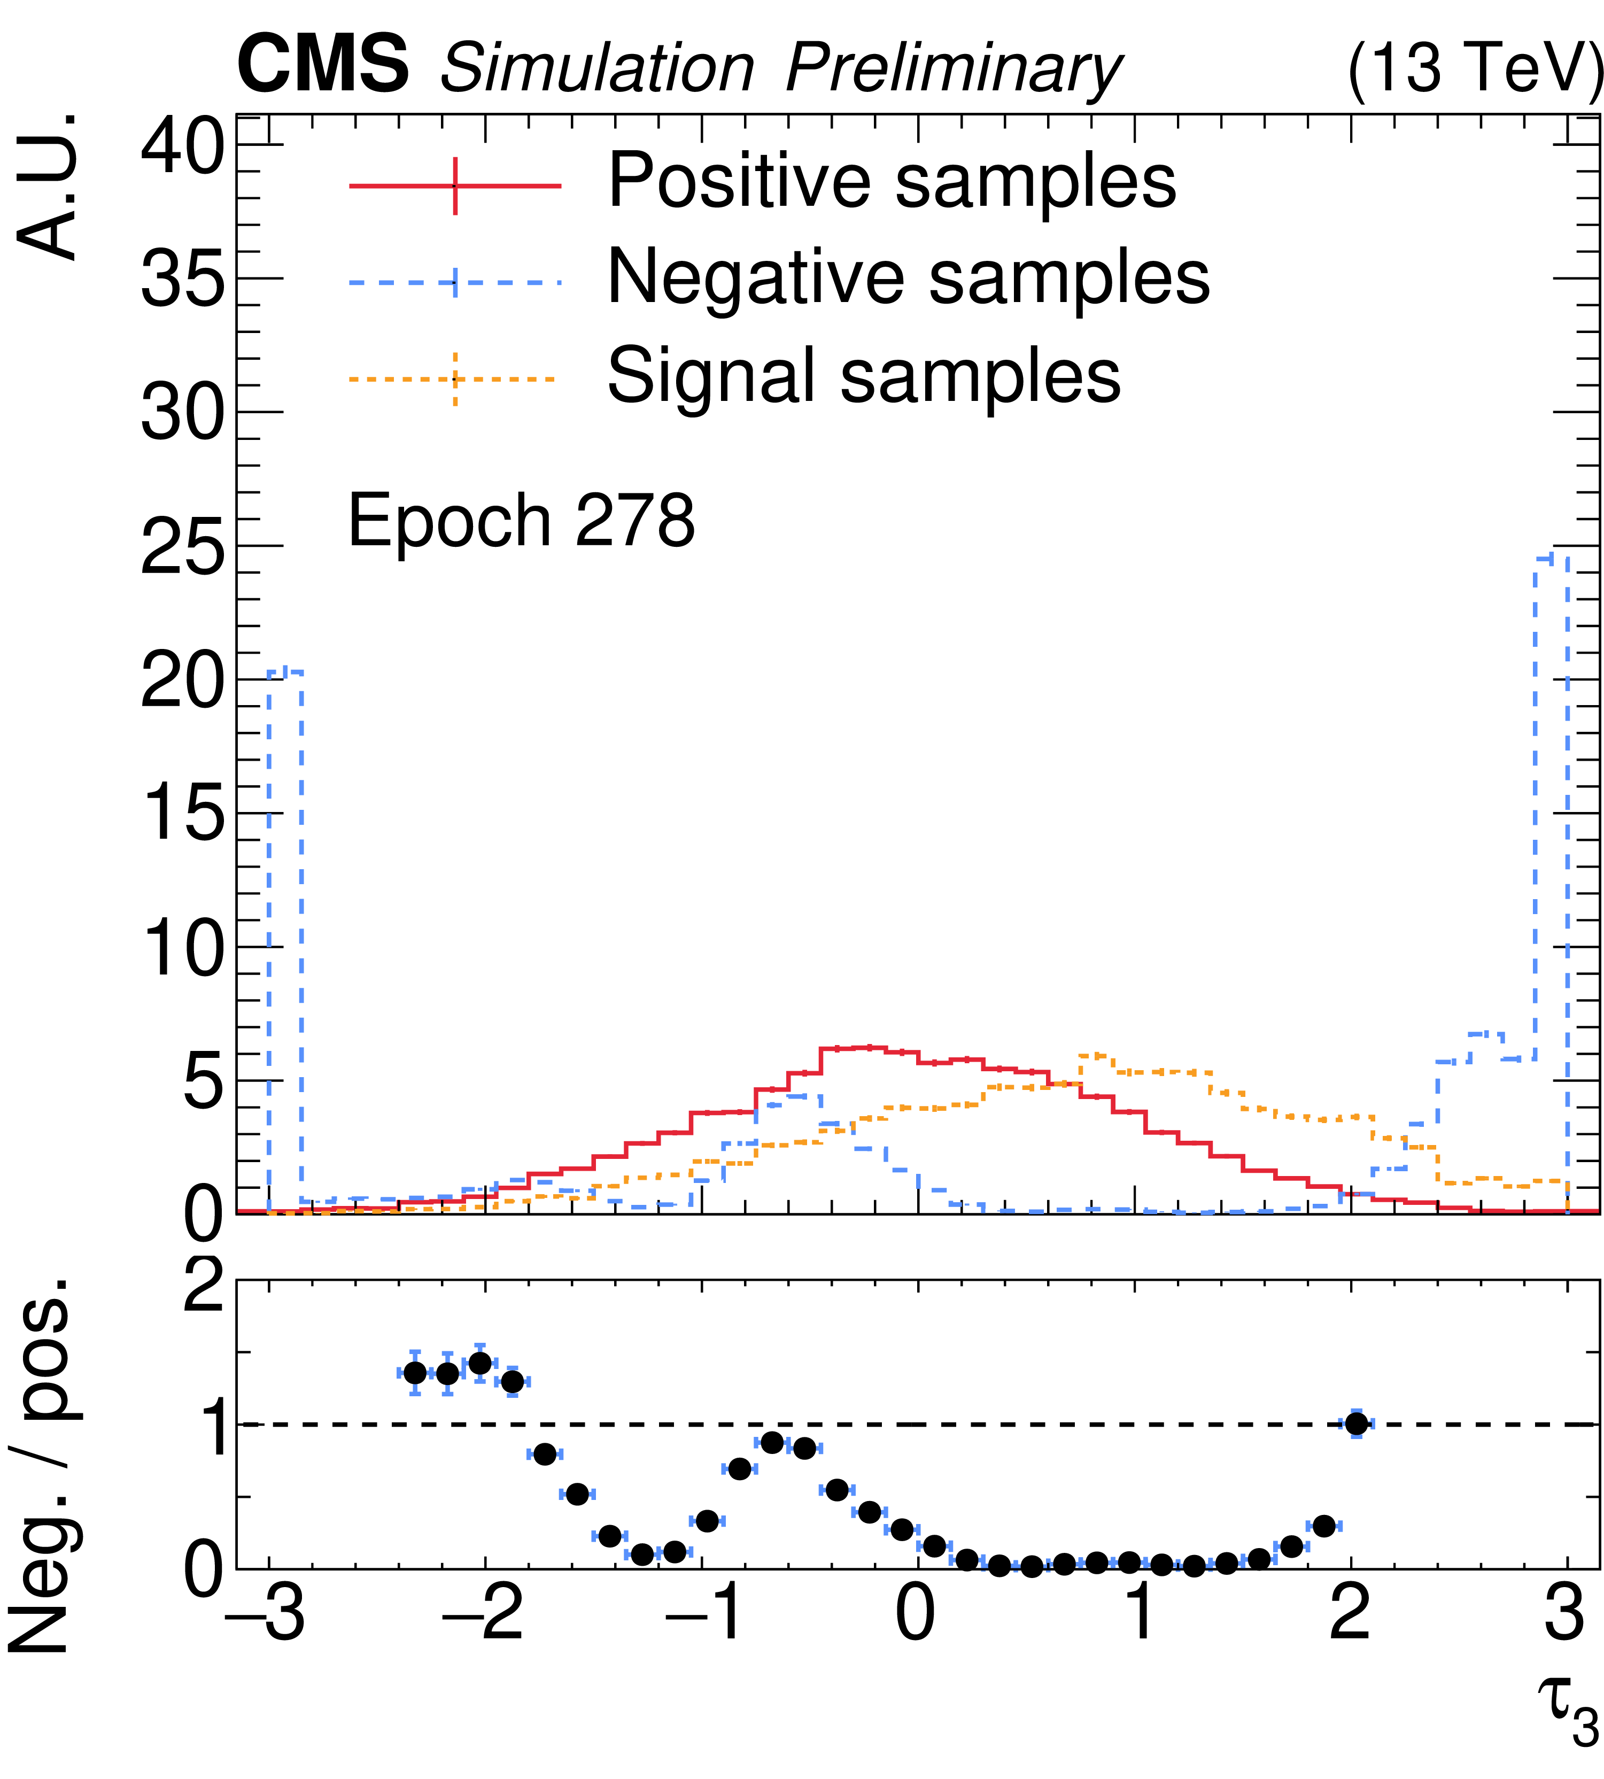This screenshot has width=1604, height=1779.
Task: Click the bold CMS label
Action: point(322,65)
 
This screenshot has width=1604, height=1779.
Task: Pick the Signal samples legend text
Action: point(864,376)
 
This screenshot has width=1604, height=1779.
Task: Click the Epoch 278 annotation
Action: point(522,521)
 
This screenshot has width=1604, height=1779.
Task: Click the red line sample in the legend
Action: point(455,186)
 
